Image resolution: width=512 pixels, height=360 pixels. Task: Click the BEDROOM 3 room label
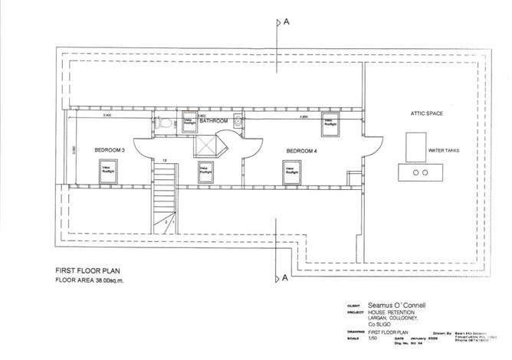110,150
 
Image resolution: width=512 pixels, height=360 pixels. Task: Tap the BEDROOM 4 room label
301,151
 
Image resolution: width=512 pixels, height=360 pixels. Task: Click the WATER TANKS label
444,151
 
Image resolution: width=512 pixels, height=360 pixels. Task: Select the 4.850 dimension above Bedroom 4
304,117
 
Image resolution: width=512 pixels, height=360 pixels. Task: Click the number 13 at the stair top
164,160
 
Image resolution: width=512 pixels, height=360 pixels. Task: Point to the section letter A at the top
285,22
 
